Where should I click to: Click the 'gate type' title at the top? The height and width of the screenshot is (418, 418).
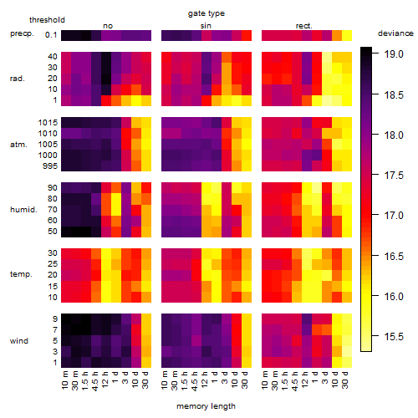tap(206, 13)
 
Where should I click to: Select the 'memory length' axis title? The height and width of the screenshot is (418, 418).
tap(206, 406)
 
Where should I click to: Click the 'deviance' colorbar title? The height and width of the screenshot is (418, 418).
tap(395, 33)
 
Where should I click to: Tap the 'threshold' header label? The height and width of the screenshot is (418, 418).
tap(47, 20)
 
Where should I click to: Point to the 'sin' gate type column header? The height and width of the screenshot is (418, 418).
tap(206, 26)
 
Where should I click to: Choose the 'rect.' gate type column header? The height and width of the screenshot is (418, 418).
tap(304, 26)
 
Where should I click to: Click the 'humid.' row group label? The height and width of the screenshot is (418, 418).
tap(23, 210)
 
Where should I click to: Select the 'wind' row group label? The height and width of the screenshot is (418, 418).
tap(19, 341)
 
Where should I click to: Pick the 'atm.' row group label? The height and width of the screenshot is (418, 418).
tap(18, 145)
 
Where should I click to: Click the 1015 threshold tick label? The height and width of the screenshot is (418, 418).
tap(48, 123)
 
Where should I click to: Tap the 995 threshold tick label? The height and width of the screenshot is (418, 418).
tap(50, 166)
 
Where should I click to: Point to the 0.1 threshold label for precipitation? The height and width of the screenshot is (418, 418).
tap(51, 35)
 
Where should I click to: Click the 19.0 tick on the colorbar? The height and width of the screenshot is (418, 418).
tap(394, 54)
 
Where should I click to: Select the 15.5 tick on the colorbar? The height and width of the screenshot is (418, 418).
tap(394, 337)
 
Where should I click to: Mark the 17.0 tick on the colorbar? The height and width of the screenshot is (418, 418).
tap(394, 216)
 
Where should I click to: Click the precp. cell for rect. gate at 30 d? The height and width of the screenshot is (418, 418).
tap(347, 35)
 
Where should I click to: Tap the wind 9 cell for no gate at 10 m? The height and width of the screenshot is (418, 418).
tap(66, 319)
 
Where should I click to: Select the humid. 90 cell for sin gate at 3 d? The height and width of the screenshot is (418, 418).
tap(227, 188)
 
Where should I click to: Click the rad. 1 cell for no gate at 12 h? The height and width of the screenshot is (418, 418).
tap(106, 100)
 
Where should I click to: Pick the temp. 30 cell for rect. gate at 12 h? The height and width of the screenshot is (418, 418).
tap(307, 253)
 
